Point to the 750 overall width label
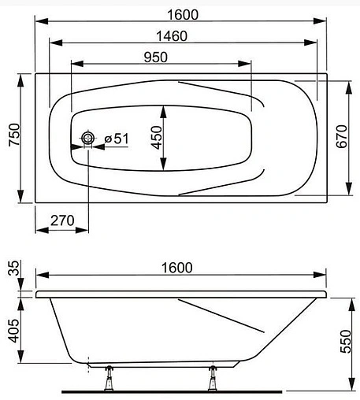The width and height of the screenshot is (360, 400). click(x=11, y=139)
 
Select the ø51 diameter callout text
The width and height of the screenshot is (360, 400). click(x=116, y=139)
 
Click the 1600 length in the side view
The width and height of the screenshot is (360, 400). click(x=176, y=268)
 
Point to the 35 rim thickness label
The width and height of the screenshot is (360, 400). click(x=10, y=273)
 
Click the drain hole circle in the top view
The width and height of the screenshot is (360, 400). click(x=87, y=139)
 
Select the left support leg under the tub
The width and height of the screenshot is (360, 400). click(x=108, y=377)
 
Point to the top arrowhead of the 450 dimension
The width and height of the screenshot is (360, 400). click(x=163, y=108)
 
